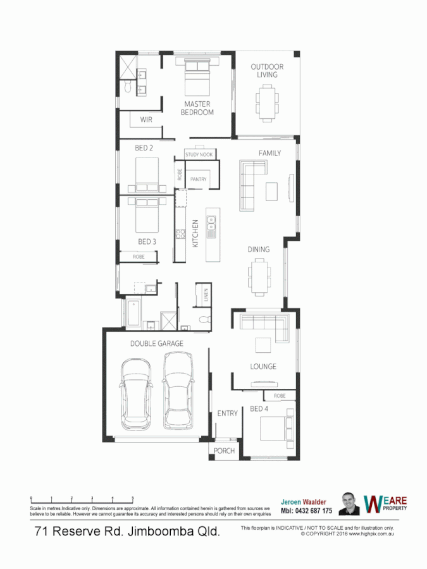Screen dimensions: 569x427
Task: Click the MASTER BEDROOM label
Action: click(x=197, y=108)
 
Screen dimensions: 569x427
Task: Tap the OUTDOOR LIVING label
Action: click(x=267, y=70)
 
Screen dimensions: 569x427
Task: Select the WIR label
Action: click(x=146, y=119)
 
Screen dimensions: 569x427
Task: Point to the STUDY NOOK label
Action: click(x=199, y=154)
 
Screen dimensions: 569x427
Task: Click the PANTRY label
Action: click(x=199, y=180)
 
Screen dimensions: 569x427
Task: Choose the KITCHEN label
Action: click(x=195, y=233)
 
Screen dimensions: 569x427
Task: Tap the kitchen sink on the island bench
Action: click(x=211, y=223)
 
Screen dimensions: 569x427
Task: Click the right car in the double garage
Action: click(x=178, y=389)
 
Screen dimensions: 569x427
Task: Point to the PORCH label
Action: click(x=225, y=451)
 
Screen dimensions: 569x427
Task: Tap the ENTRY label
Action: click(x=227, y=413)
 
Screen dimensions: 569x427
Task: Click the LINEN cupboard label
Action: click(x=206, y=295)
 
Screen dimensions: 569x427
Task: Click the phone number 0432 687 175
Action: click(x=306, y=510)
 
